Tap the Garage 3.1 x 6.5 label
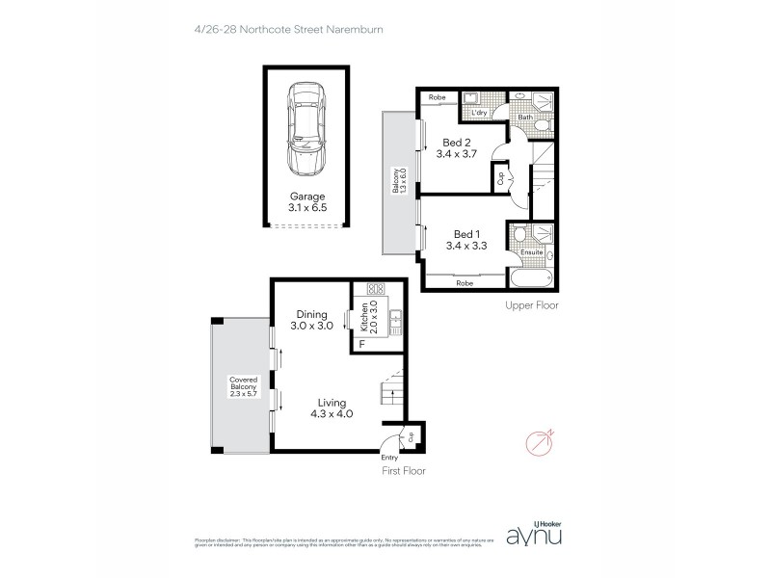point(307,200)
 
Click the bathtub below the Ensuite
point(530,280)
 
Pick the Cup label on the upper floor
point(501,177)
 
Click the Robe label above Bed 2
point(437,97)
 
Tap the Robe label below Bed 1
point(465,283)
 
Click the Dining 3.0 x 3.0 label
point(314,319)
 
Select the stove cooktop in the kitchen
point(375,288)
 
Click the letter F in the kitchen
point(361,344)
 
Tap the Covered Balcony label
point(240,386)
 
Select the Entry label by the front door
point(389,457)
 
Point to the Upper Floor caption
point(532,305)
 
